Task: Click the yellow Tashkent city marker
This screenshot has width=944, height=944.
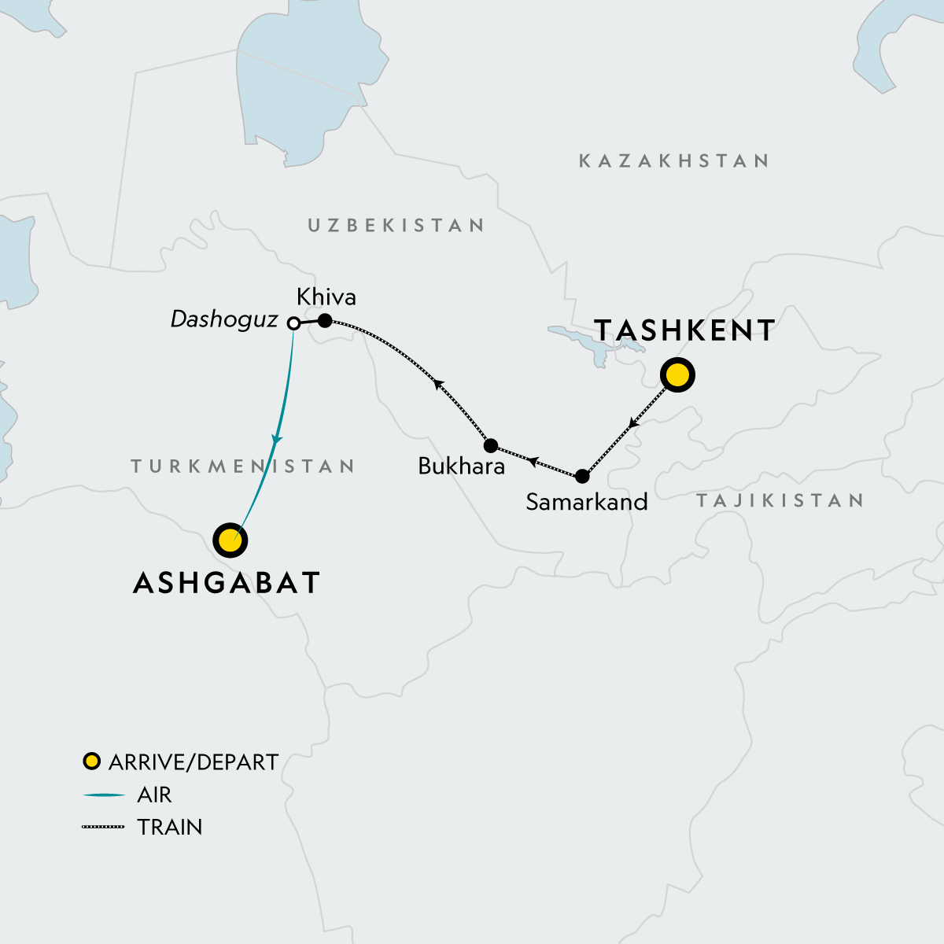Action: click(x=677, y=374)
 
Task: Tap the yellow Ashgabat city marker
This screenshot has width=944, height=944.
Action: click(x=230, y=540)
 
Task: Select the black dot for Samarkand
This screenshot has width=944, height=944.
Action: click(x=582, y=476)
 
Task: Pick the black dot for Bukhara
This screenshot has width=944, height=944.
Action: click(x=491, y=445)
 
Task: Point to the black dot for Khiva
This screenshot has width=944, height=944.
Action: click(x=324, y=320)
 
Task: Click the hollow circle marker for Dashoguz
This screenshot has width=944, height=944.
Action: click(x=293, y=323)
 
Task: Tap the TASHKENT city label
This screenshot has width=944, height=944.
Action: click(x=684, y=330)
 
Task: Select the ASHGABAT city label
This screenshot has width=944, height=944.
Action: click(x=227, y=583)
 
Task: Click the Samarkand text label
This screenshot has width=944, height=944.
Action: click(x=586, y=502)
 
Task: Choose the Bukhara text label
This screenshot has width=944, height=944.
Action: click(x=461, y=466)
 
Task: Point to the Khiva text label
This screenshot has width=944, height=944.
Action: click(x=326, y=297)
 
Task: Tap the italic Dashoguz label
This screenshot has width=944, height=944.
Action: click(x=224, y=319)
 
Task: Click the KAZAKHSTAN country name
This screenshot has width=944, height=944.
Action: click(x=673, y=161)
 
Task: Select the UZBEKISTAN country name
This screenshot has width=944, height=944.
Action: click(x=396, y=226)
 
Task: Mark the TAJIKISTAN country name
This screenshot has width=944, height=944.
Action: click(x=780, y=500)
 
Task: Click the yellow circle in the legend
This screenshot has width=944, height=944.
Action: click(x=92, y=761)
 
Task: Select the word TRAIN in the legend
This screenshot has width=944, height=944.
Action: click(x=169, y=828)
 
